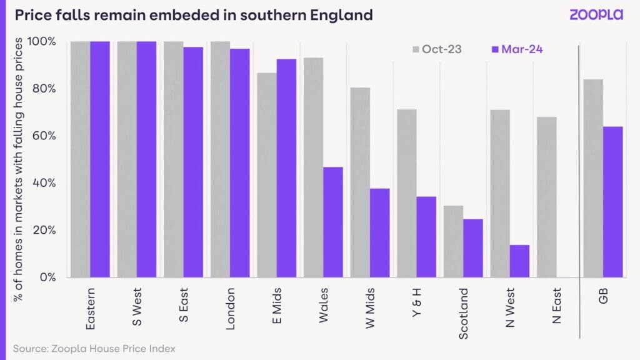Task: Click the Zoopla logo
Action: (x=596, y=14)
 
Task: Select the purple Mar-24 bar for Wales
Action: (x=332, y=222)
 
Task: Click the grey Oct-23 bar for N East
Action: (x=546, y=197)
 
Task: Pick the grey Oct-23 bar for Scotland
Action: (x=453, y=241)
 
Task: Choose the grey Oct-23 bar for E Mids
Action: (x=267, y=175)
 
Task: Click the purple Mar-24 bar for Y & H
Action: (x=426, y=237)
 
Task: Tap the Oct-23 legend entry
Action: (x=436, y=49)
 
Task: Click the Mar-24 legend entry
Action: (x=513, y=49)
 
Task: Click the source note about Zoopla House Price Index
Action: (x=94, y=347)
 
